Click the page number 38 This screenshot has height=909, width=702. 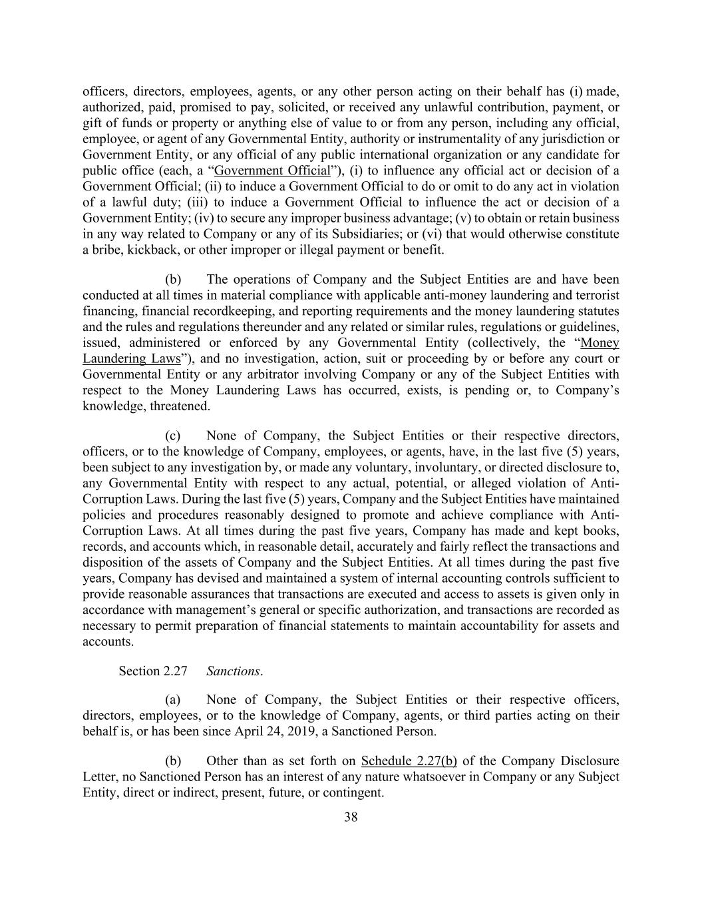(x=351, y=817)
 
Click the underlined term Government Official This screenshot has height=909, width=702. (x=272, y=170)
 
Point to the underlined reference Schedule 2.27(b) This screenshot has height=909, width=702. (x=409, y=760)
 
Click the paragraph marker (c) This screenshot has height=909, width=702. (x=173, y=436)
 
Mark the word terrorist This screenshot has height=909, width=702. (x=597, y=295)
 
